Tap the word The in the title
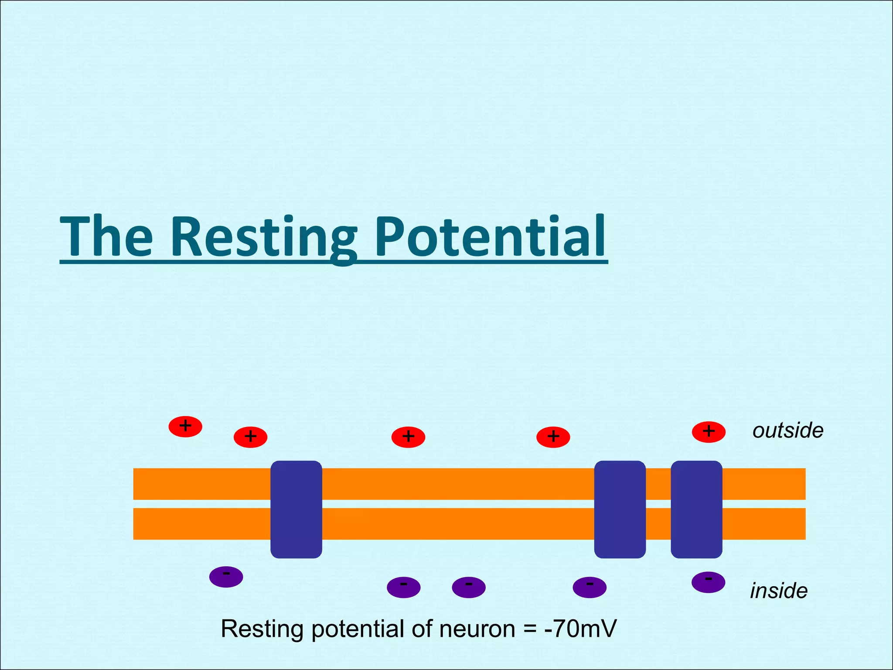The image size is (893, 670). coord(106,238)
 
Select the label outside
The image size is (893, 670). coord(787,431)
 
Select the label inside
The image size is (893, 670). coord(779,591)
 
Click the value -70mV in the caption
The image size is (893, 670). coord(580,629)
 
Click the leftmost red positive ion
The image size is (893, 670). coord(185,427)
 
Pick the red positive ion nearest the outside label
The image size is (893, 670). coord(709,432)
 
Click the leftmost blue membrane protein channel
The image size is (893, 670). coord(296,509)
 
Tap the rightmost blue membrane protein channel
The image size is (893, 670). coord(696,509)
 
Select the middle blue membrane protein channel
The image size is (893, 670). coord(620,509)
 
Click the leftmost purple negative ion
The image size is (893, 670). coord(226,577)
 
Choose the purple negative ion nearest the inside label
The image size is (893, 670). coord(708,582)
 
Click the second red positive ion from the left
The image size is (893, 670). coord(250,437)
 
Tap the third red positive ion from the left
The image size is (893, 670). coord(408,437)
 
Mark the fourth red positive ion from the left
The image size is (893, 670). coord(553,437)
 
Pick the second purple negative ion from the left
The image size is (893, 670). coord(403,587)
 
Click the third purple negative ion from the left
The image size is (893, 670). coord(469,587)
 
